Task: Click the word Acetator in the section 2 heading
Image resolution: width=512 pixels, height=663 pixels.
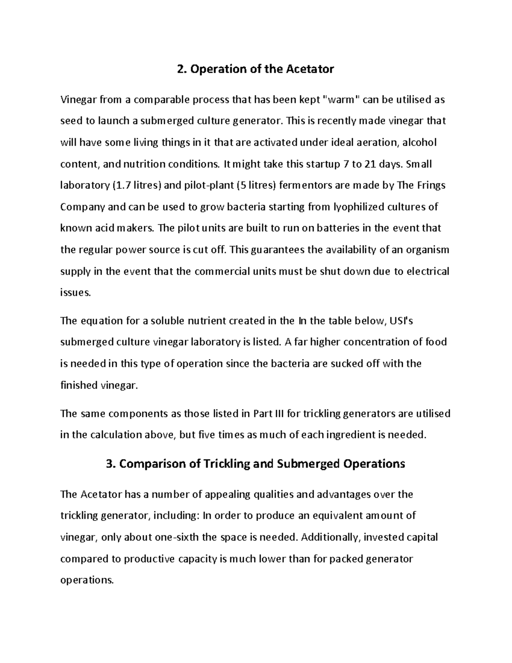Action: coord(310,69)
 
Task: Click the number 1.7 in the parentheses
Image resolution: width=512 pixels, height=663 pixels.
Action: coord(121,186)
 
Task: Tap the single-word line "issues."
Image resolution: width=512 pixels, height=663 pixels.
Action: coord(76,293)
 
